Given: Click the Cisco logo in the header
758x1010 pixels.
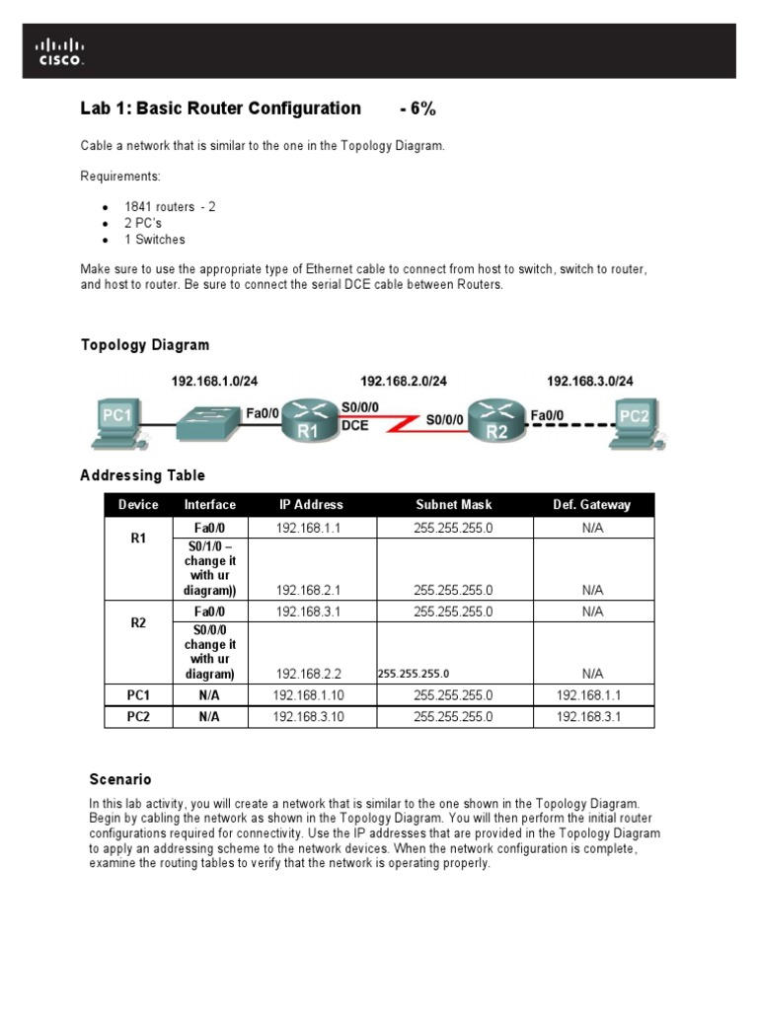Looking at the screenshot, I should pyautogui.click(x=60, y=50).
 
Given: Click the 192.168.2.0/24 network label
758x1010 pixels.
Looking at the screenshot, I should pyautogui.click(x=403, y=381).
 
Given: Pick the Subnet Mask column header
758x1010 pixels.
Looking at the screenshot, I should pyautogui.click(x=453, y=505).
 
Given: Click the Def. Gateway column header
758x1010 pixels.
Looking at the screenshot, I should pyautogui.click(x=592, y=505).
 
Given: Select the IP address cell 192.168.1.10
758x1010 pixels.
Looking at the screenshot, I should pyautogui.click(x=308, y=695).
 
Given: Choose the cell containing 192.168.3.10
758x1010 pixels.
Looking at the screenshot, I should pyautogui.click(x=308, y=717).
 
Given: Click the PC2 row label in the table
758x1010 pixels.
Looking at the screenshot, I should pyautogui.click(x=138, y=717).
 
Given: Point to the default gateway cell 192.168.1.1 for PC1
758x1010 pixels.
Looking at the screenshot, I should pyautogui.click(x=592, y=695).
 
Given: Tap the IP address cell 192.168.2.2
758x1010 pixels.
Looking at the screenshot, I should pyautogui.click(x=308, y=674).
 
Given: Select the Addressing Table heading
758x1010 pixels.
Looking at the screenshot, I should pyautogui.click(x=142, y=475).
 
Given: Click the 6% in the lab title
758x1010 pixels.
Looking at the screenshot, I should pyautogui.click(x=418, y=108).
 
